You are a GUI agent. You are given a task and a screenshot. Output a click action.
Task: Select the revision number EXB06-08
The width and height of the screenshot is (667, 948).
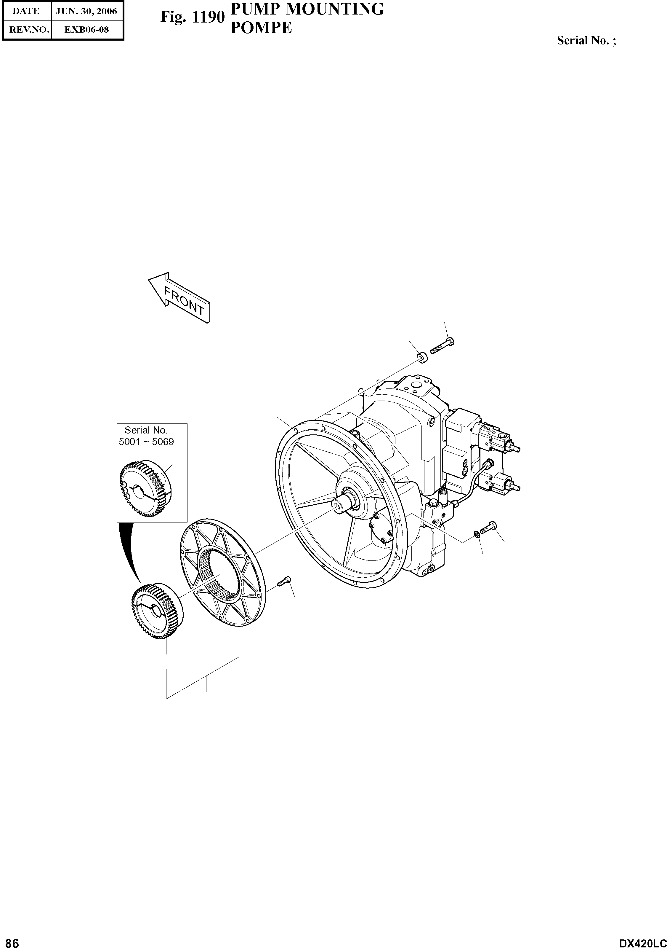pyautogui.click(x=86, y=30)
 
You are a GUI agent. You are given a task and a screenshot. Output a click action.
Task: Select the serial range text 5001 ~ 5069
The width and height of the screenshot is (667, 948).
pyautogui.click(x=146, y=442)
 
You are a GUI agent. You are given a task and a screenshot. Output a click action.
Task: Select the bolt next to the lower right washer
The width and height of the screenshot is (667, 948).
pyautogui.click(x=488, y=528)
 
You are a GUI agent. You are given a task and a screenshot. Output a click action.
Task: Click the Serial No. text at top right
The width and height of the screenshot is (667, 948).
pyautogui.click(x=586, y=40)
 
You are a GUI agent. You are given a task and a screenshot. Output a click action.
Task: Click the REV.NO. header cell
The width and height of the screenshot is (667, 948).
pyautogui.click(x=26, y=30)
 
